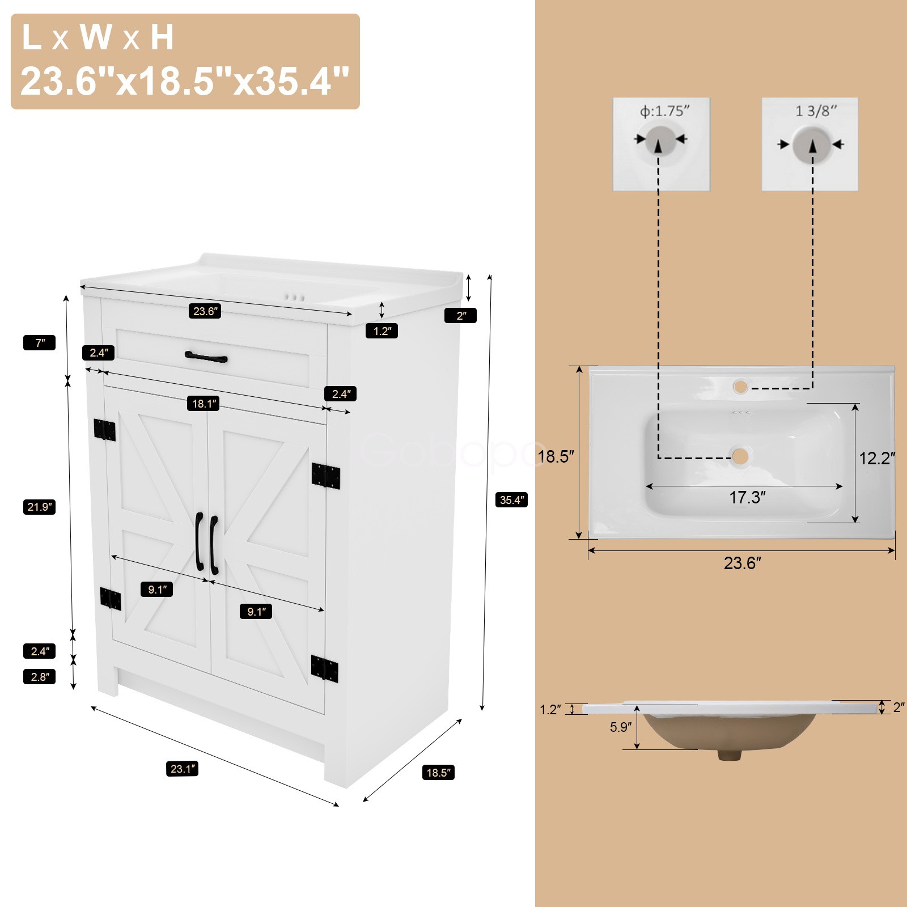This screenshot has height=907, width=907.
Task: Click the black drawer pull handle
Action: (x=206, y=357)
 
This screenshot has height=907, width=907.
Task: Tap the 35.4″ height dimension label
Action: (x=511, y=500)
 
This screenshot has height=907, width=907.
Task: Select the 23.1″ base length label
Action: (x=183, y=769)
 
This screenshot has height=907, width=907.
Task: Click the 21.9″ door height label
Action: (x=39, y=507)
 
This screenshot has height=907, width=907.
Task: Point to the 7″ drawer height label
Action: (x=39, y=343)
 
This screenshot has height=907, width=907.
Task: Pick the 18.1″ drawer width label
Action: (x=204, y=404)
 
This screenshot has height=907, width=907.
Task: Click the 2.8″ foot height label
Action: (x=39, y=677)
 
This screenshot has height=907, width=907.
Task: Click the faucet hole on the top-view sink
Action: (x=740, y=387)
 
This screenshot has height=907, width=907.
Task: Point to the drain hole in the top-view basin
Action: (x=740, y=456)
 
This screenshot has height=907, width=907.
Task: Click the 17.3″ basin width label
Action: (x=747, y=498)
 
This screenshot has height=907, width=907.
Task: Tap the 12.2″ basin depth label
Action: (x=876, y=458)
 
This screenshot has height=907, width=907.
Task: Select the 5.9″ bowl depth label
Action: (x=621, y=727)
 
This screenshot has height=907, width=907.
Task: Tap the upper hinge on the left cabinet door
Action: (x=105, y=430)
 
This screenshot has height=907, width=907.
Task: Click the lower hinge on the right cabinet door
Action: (x=325, y=668)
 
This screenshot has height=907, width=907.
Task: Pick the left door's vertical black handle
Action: (x=199, y=541)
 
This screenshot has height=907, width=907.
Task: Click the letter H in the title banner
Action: (x=162, y=37)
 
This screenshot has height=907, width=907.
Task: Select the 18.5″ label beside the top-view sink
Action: (x=556, y=456)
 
